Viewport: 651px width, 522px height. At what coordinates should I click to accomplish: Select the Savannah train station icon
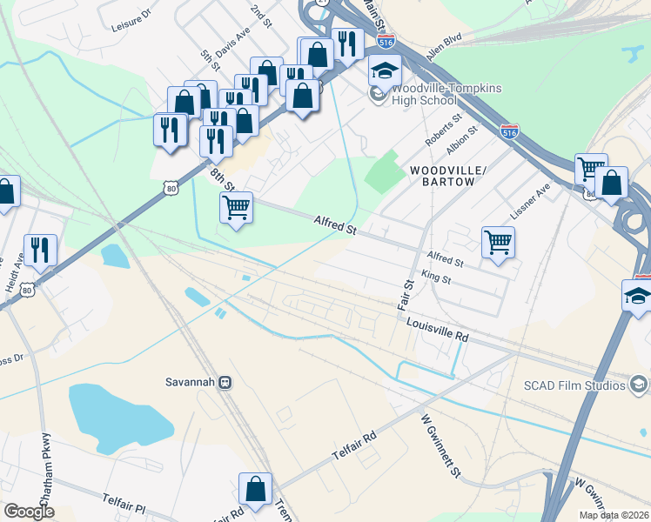point(225,382)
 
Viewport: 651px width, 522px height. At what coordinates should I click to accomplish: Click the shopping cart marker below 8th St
point(236,207)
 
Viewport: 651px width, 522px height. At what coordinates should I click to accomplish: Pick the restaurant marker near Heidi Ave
point(39,250)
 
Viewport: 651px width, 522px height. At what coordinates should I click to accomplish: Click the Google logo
point(29,512)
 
